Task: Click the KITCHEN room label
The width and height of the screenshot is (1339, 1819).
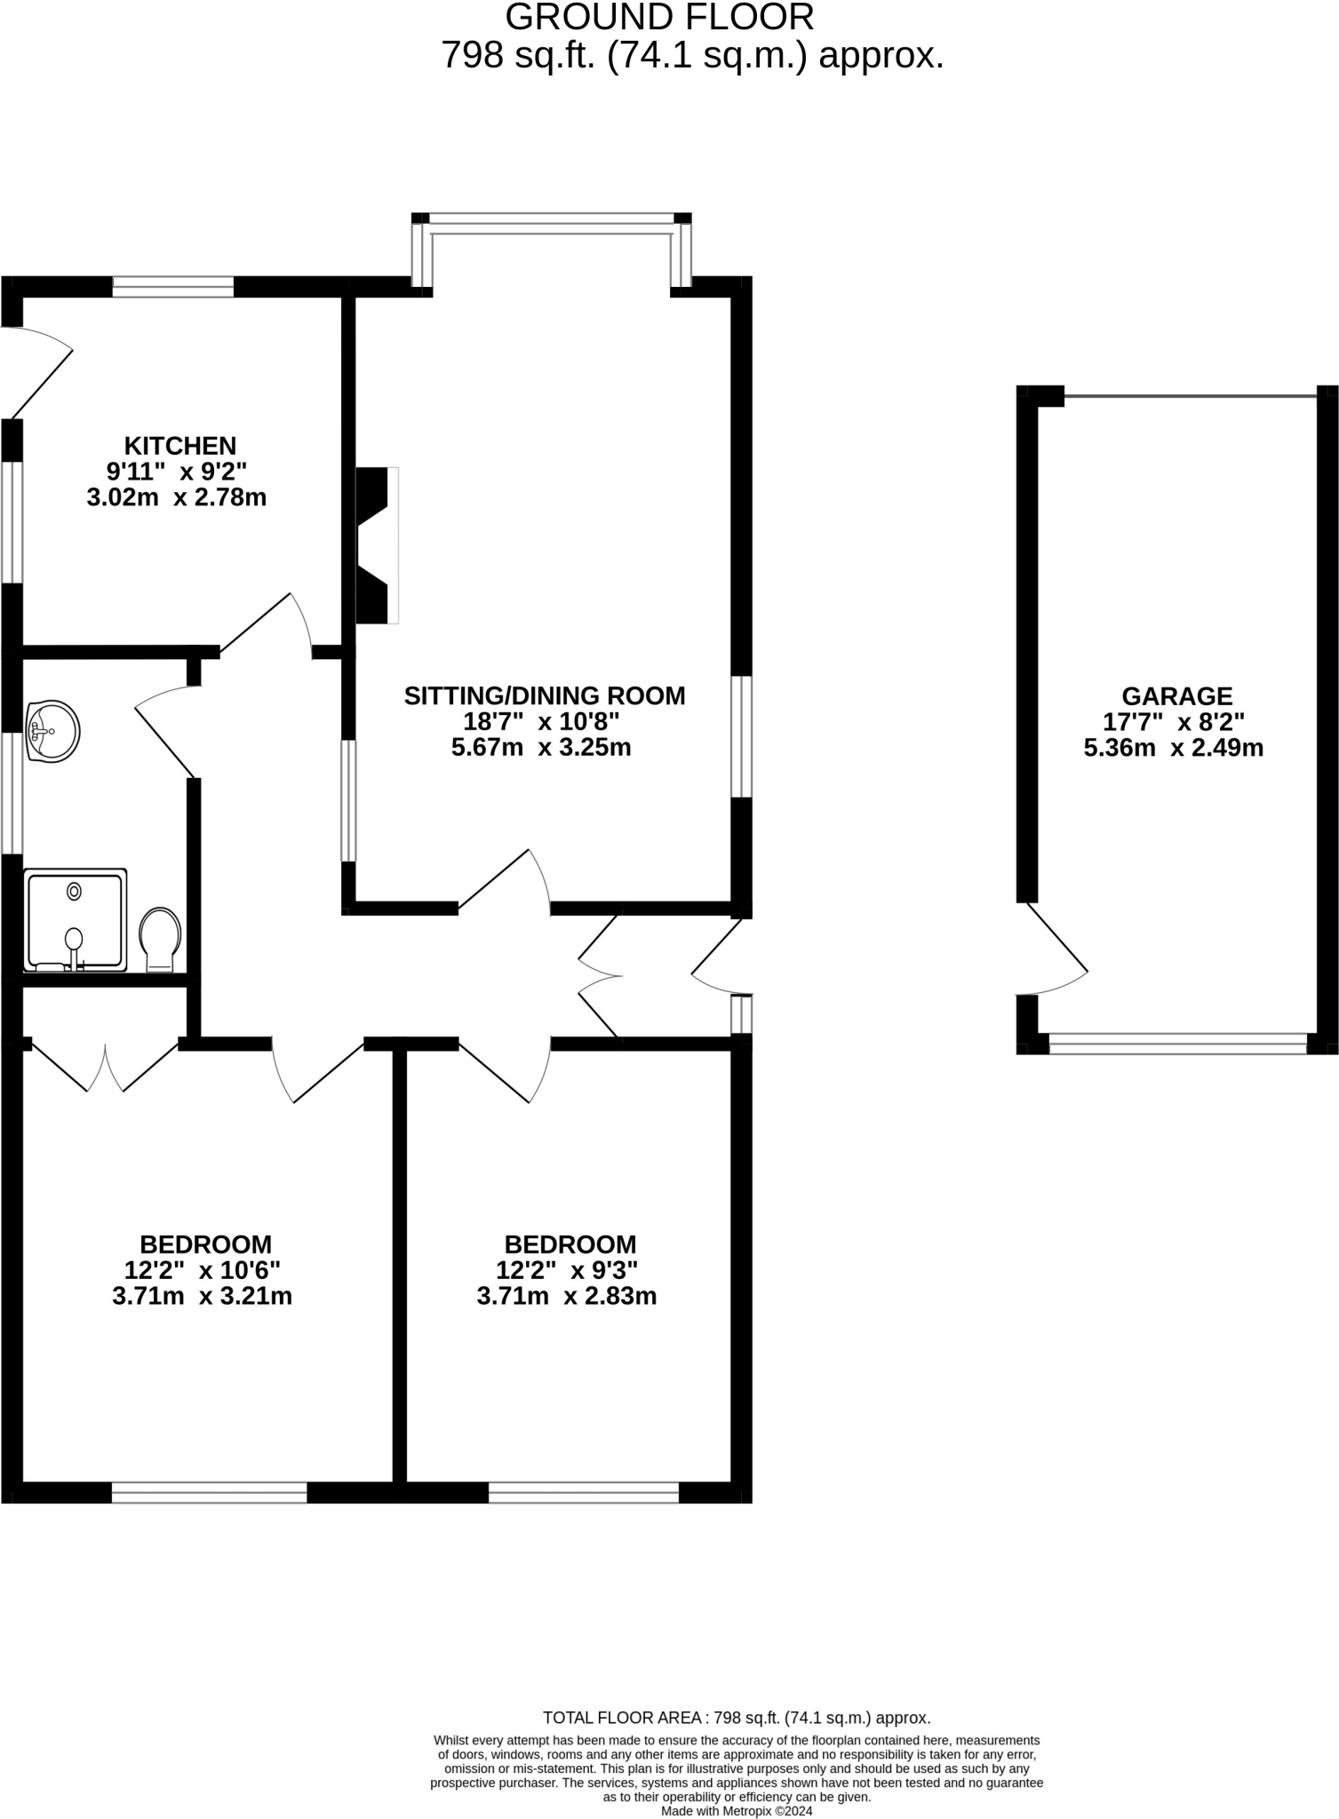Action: coord(179,445)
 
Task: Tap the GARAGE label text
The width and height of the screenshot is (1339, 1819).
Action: coord(1176,695)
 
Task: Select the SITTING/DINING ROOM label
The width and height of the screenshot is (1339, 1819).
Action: coord(545,695)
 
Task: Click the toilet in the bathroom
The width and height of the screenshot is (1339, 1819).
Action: coord(161,939)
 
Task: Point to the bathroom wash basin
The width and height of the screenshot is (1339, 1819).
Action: coord(52,732)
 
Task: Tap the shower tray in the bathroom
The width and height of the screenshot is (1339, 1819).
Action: coord(75,919)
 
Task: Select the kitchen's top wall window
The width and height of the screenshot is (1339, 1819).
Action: coord(173,286)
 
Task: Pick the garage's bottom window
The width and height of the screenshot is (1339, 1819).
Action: coord(1177,1043)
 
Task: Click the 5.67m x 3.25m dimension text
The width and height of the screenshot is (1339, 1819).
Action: coord(541,747)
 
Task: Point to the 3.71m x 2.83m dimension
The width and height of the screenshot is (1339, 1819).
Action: coord(567,1296)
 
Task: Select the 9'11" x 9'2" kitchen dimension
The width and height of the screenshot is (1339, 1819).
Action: coord(177,471)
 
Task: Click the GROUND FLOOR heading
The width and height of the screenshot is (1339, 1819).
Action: coord(659,18)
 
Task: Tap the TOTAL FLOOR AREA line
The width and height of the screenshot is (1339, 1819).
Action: coord(737,1718)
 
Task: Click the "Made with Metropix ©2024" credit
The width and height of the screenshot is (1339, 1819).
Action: coord(737,1810)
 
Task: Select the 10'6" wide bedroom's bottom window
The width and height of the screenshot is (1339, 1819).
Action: coord(209,1492)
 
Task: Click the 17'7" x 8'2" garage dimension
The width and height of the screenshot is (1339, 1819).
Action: coord(1174,721)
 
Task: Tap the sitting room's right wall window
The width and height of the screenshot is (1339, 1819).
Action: coord(741,736)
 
